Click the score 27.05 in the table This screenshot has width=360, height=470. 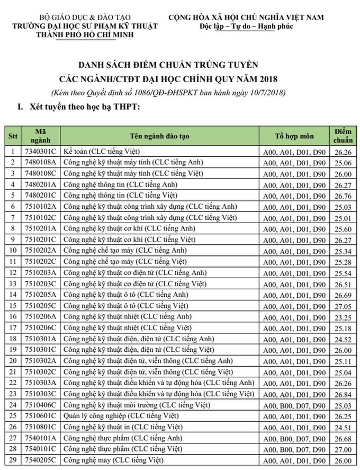tap(344, 306)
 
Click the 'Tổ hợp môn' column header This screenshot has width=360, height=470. tap(294, 136)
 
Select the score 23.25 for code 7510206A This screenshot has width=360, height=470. tap(344, 316)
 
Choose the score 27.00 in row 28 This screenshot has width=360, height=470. tap(344, 450)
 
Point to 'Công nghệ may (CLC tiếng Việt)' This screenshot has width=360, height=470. tap(106, 461)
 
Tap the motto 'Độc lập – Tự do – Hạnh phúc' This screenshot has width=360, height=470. tap(246, 26)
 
